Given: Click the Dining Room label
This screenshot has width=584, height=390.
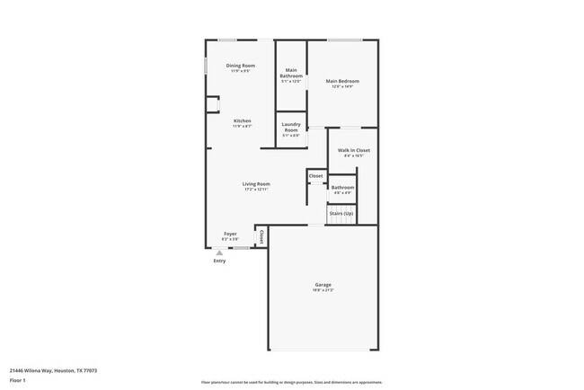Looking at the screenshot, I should tap(240, 66).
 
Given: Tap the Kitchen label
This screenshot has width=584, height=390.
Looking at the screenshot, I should tap(243, 120).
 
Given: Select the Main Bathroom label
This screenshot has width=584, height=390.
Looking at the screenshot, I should tap(291, 73).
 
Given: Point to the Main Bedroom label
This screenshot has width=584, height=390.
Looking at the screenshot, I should tap(342, 81).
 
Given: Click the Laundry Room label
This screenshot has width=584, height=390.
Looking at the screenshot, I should tap(291, 128).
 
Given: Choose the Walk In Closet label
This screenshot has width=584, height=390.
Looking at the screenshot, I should tap(353, 150).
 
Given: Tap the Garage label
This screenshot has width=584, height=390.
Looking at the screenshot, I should tap(323, 284).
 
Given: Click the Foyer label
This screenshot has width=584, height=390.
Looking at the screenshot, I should tap(231, 234).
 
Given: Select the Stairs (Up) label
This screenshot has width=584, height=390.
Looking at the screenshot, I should tap(341, 213).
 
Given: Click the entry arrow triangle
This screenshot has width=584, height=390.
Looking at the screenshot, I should tap(219, 253).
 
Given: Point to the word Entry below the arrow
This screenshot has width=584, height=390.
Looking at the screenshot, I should tap(219, 261).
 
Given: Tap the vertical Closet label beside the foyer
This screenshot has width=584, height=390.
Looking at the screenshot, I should tap(261, 237).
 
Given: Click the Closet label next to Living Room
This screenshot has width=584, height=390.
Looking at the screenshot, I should tap(315, 176).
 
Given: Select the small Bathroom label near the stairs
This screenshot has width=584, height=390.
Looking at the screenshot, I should tap(343, 187).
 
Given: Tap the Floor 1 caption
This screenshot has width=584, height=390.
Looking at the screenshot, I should tap(17, 380).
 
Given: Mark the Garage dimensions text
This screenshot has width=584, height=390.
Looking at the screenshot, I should tap(323, 290).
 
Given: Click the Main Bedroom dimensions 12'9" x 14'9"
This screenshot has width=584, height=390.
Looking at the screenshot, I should tap(342, 87).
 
